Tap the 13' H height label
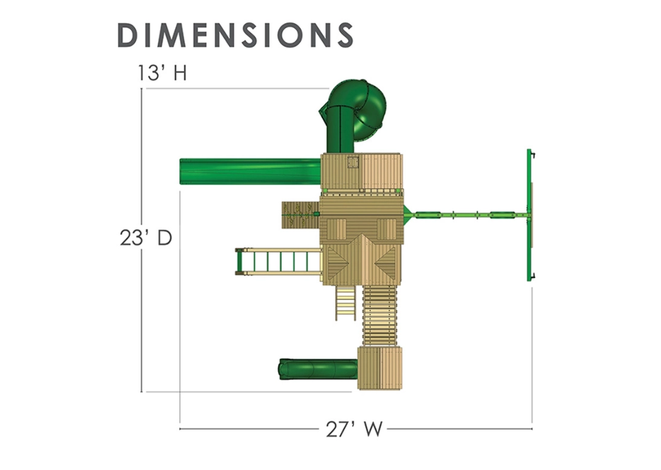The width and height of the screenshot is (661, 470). (162, 73)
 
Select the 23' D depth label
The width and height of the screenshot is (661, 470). (146, 238)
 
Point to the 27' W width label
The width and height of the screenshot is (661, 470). (354, 429)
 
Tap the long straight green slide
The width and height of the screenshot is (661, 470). (250, 172)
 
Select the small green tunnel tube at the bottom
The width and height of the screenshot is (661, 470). (318, 369)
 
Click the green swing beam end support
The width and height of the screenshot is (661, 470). (530, 215)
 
